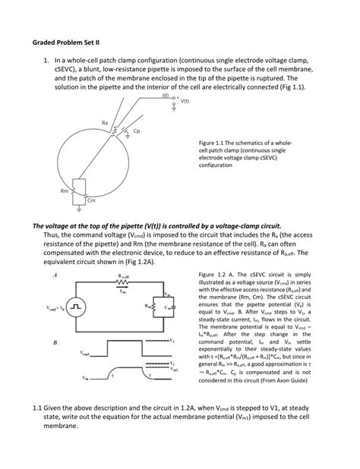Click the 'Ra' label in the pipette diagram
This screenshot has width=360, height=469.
(x=104, y=121)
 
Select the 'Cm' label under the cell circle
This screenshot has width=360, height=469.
(x=91, y=200)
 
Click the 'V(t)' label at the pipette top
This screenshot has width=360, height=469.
(x=185, y=101)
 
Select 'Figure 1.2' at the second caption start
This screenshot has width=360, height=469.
(x=213, y=272)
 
